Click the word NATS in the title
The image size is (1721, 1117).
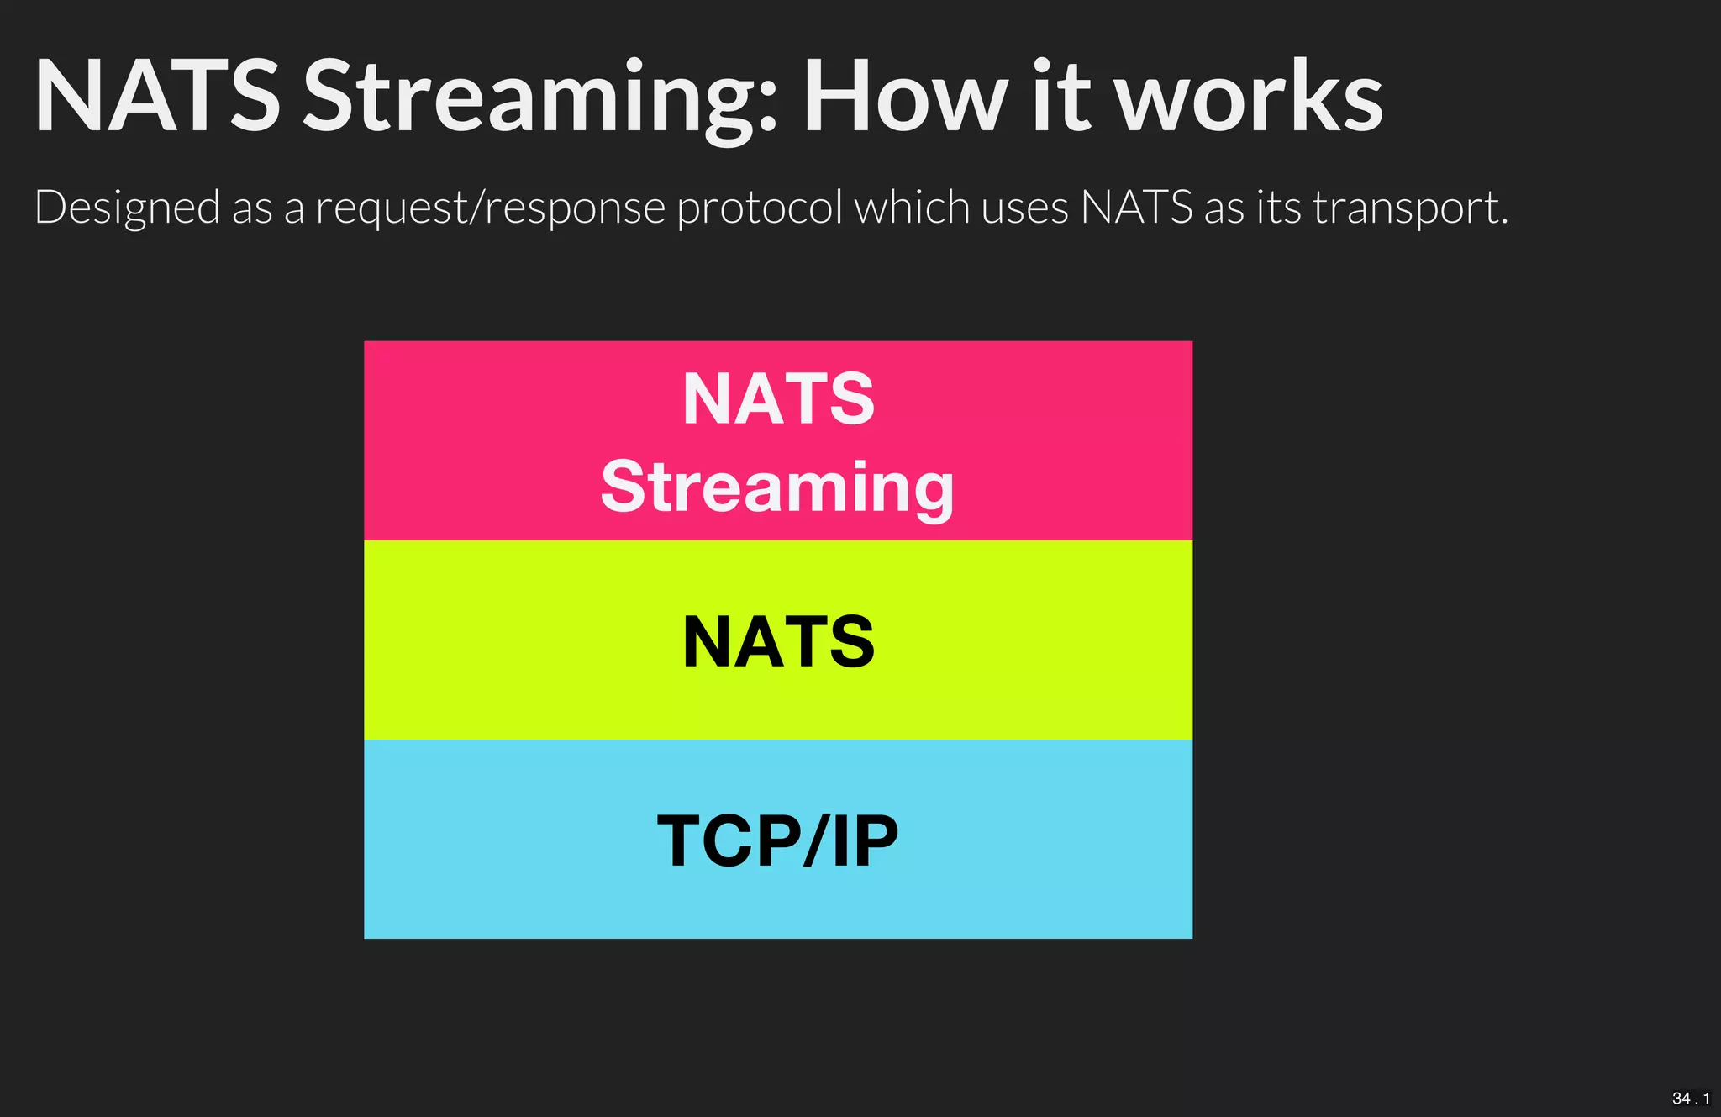[157, 97]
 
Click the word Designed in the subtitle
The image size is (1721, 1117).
[127, 208]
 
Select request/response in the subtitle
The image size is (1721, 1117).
[490, 208]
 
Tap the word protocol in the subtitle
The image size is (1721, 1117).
[759, 208]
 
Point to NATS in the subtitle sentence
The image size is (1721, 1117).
[1136, 207]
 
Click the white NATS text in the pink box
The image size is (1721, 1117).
[778, 399]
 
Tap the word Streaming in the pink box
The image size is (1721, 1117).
[777, 488]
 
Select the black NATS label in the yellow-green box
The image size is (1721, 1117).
[778, 642]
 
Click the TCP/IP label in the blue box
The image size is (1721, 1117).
[777, 840]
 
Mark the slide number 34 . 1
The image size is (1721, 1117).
[1690, 1098]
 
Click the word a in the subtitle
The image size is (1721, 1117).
[293, 208]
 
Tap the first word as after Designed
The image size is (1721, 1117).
[251, 208]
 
